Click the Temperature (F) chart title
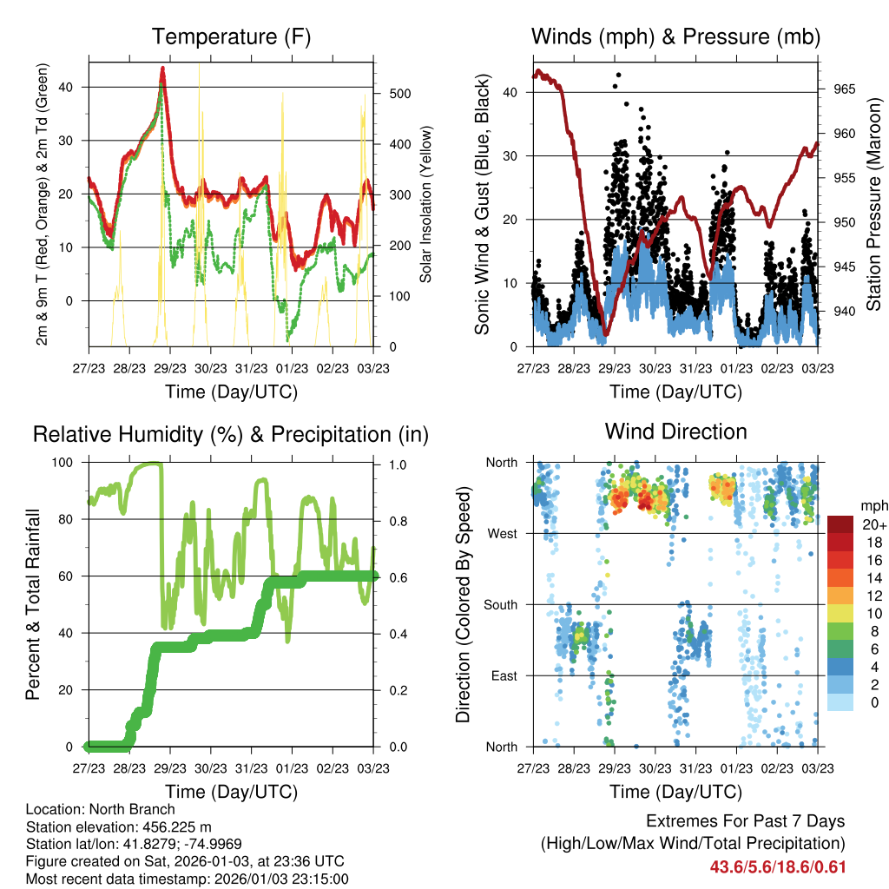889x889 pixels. coord(231,37)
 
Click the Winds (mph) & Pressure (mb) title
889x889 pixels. coord(675,37)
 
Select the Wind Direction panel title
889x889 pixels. coord(675,431)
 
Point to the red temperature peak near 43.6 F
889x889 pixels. coord(162,69)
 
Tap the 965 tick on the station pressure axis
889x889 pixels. coord(845,89)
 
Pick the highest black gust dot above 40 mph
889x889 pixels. coord(618,76)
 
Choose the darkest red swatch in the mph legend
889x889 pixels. coord(840,524)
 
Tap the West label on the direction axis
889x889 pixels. coord(502,533)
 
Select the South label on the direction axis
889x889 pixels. coord(500,604)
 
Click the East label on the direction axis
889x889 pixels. coord(504,675)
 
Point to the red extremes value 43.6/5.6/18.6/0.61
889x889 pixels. coord(778,866)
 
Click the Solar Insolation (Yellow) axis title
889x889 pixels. coord(425,205)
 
